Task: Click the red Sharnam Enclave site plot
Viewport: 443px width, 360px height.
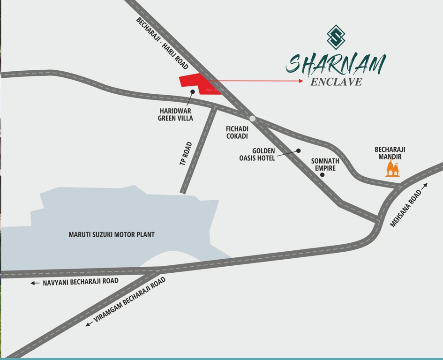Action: tap(197, 83)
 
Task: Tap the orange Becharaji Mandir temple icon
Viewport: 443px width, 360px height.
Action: tap(393, 168)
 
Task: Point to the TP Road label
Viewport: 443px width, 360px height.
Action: tap(186, 153)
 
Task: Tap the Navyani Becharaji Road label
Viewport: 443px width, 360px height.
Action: tap(80, 282)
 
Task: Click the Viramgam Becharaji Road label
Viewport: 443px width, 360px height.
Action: tap(130, 300)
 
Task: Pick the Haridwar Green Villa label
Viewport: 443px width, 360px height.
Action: tap(175, 115)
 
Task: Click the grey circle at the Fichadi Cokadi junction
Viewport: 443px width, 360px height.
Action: tap(253, 119)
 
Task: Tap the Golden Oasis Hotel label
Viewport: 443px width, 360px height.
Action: tap(257, 154)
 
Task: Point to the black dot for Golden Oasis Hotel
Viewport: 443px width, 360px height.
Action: tap(298, 151)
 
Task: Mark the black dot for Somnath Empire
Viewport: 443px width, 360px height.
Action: tap(322, 175)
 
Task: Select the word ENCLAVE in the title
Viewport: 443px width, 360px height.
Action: tap(336, 82)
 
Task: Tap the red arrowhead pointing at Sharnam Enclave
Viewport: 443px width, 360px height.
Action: tap(300, 81)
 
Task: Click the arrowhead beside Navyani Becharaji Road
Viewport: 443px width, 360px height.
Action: tap(34, 283)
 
